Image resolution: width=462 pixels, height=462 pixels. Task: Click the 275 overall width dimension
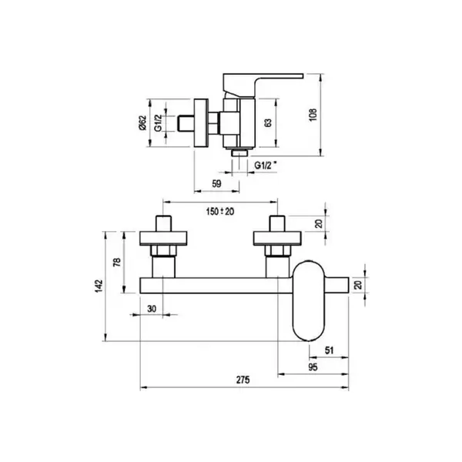[x=243, y=380]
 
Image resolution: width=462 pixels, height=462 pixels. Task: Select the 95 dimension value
[x=313, y=367]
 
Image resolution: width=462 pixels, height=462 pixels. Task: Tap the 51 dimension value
[x=329, y=350]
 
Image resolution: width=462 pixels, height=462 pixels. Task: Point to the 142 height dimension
[x=99, y=286]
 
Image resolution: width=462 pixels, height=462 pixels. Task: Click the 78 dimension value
[x=117, y=262]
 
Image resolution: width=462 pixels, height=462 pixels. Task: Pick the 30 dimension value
[x=152, y=309]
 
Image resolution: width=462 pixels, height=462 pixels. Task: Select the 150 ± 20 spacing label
[x=220, y=211]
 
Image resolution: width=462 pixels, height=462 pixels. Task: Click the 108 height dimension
[x=313, y=115]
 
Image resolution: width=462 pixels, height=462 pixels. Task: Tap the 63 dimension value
[x=268, y=122]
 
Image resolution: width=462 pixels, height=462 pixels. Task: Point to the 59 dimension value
[x=216, y=183]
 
